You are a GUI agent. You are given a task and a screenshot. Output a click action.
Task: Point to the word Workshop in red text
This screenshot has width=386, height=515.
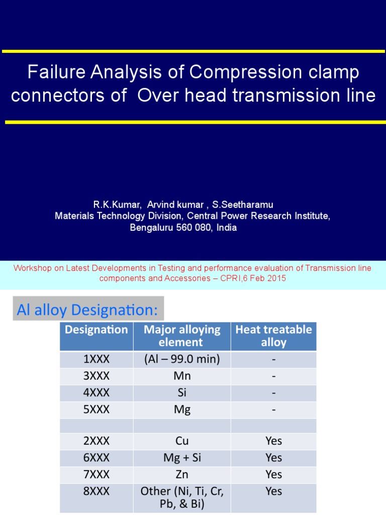[33, 268]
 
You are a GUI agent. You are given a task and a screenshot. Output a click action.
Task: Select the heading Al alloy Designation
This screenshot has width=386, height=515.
[87, 310]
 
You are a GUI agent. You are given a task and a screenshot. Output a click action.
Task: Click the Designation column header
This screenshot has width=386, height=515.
[96, 330]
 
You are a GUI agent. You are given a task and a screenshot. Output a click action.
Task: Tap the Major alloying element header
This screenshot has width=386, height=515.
[182, 336]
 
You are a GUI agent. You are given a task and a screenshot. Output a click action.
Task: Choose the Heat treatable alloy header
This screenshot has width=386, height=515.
[273, 336]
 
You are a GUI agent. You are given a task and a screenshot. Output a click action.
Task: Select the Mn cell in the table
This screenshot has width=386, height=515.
[182, 377]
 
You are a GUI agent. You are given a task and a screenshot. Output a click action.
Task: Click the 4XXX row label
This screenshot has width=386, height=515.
[96, 393]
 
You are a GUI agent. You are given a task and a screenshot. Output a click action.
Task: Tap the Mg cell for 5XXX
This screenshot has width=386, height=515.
[182, 410]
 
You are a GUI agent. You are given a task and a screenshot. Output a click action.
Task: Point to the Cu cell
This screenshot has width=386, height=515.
[182, 441]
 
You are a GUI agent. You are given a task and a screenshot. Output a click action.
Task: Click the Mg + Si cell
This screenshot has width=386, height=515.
[182, 458]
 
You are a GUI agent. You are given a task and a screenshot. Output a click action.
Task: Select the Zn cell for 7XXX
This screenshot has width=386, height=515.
[182, 474]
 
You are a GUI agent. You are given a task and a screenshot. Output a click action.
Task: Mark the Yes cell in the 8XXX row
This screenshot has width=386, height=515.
[273, 491]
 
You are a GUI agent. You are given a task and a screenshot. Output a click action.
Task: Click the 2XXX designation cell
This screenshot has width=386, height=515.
[96, 441]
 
